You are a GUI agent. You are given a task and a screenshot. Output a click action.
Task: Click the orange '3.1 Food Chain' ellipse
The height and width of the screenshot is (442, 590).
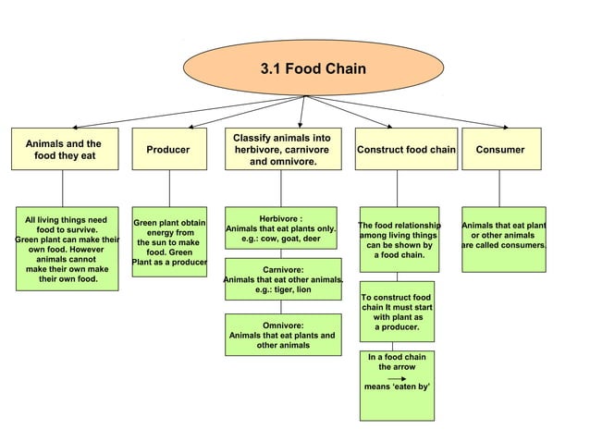[313, 68]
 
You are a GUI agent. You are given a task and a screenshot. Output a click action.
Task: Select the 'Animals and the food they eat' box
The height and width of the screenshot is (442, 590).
[63, 150]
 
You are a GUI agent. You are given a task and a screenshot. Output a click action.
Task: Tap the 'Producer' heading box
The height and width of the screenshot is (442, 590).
[168, 150]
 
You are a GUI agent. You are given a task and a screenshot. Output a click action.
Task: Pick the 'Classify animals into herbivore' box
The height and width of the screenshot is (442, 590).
[282, 150]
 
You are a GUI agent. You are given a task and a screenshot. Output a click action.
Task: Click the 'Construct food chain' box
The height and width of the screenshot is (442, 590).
[406, 150]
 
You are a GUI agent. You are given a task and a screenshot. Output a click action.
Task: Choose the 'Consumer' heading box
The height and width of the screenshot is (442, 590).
[499, 150]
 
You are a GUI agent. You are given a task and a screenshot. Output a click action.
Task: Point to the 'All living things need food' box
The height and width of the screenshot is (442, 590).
[65, 249]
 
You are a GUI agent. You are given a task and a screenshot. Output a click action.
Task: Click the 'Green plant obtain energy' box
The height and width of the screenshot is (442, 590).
[169, 242]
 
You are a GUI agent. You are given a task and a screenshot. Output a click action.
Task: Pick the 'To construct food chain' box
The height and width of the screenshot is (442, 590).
[397, 312]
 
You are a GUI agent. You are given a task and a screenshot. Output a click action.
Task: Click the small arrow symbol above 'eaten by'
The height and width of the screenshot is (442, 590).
[397, 379]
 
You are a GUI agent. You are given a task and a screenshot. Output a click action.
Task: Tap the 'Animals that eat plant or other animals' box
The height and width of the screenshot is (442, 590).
[503, 239]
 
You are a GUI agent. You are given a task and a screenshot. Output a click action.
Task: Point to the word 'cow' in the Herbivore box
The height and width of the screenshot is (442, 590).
[271, 239]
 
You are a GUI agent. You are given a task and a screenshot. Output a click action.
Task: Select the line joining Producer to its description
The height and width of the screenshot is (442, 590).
[169, 188]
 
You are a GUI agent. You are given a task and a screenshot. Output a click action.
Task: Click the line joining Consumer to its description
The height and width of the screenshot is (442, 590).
[499, 188]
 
